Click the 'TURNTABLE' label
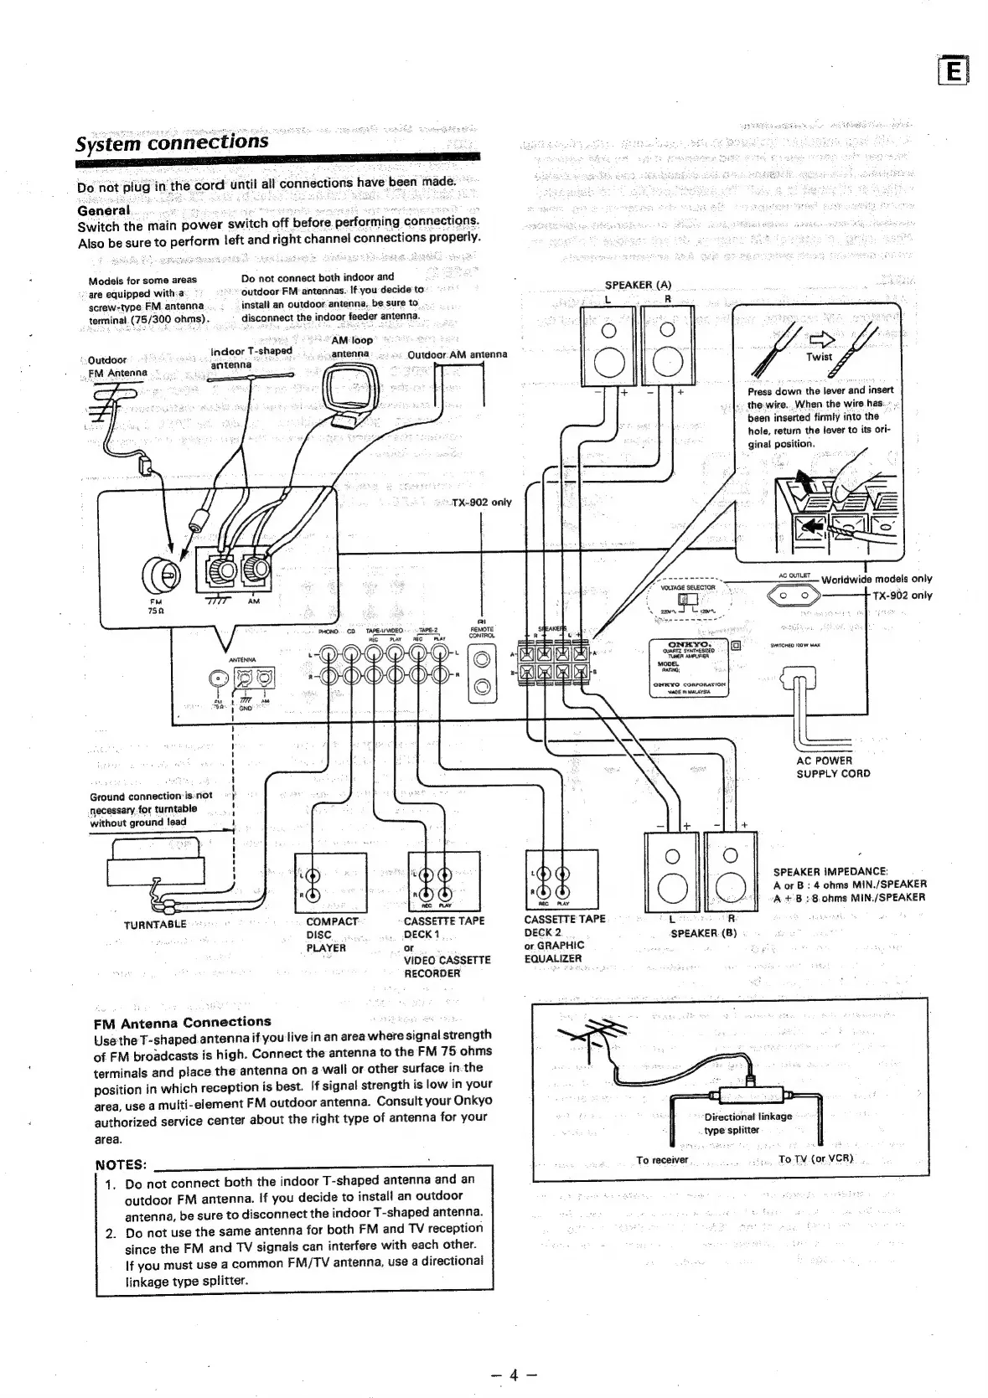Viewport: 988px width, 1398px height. click(155, 924)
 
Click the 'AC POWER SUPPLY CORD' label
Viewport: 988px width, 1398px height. click(832, 767)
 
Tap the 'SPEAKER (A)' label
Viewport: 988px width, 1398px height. click(638, 285)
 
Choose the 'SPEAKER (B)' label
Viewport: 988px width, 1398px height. click(703, 932)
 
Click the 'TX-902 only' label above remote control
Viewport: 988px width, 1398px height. click(481, 503)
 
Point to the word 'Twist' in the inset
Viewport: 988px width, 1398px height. click(819, 357)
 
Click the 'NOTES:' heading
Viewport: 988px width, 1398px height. click(122, 1165)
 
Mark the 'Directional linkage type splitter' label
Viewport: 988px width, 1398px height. click(747, 1122)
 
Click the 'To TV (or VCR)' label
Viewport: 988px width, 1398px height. click(815, 1159)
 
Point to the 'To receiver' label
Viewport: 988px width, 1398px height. click(662, 1160)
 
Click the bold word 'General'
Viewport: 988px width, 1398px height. click(103, 211)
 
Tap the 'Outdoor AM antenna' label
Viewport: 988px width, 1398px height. click(457, 354)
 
